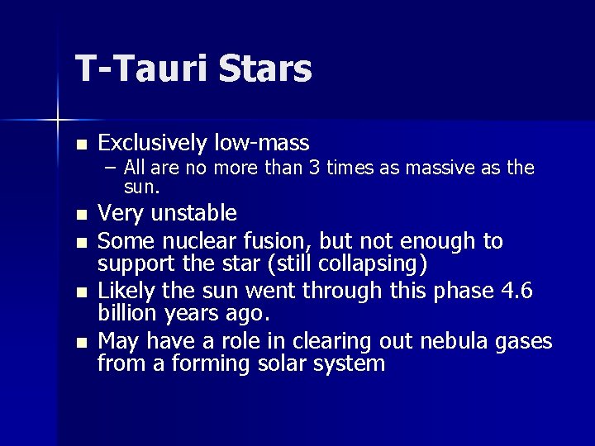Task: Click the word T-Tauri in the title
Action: (141, 69)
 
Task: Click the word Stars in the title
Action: (265, 69)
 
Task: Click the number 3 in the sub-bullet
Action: (314, 168)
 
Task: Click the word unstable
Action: (192, 214)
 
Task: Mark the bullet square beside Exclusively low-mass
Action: (80, 145)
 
